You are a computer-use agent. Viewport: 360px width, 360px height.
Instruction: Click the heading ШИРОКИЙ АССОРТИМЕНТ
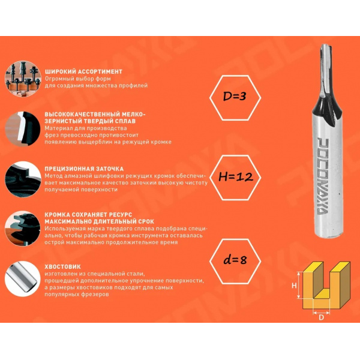(x=83, y=71)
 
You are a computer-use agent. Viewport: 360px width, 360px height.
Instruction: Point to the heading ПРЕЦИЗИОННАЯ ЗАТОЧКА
(x=84, y=169)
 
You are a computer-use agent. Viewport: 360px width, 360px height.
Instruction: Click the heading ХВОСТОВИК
(x=62, y=266)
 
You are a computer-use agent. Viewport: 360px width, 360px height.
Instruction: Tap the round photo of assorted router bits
(x=23, y=79)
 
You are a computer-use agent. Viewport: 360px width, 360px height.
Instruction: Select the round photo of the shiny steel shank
(x=23, y=278)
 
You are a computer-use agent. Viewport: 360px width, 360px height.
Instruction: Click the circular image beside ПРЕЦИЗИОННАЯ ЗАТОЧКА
(x=23, y=179)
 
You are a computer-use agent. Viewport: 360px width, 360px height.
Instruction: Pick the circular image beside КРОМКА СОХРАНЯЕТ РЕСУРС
(x=23, y=229)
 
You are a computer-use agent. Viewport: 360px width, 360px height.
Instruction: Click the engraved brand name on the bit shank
(x=323, y=176)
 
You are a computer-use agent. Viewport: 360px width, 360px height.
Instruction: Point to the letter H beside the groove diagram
(x=294, y=286)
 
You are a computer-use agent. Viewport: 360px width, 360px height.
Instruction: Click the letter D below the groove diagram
(x=322, y=317)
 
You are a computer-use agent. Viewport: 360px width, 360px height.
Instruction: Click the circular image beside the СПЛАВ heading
(x=23, y=129)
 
